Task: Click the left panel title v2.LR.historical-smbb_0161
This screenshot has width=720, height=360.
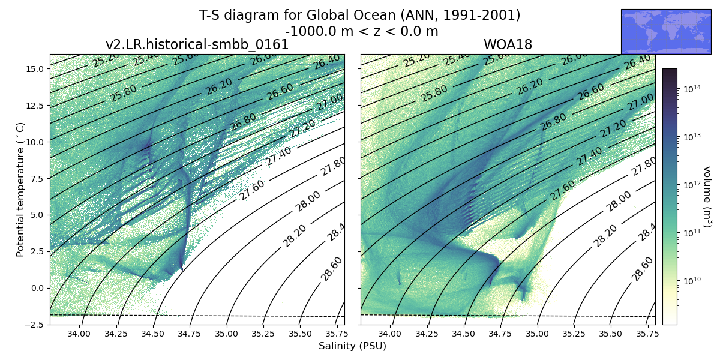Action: point(197,45)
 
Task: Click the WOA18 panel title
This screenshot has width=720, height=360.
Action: point(508,45)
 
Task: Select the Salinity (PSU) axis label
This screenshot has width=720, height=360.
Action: point(352,346)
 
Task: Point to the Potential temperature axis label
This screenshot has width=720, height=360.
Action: point(20,190)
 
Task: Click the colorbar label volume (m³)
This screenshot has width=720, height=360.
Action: point(706,197)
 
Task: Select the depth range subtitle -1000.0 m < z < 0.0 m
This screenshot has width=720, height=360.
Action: point(361,31)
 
